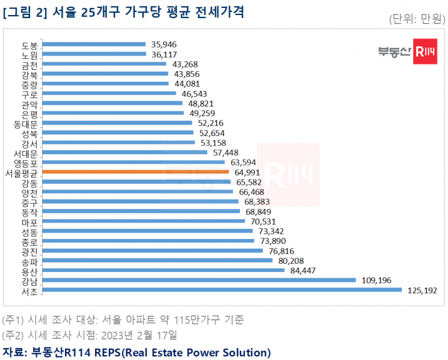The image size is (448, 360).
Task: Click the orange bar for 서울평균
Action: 135,172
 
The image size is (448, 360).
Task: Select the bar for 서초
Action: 222,290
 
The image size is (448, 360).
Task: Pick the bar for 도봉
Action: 94,44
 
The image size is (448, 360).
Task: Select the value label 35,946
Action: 165,44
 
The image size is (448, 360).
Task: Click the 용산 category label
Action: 29,270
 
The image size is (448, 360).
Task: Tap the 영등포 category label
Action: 25,163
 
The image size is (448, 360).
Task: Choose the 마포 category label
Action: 29,222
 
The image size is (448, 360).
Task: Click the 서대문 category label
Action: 25,152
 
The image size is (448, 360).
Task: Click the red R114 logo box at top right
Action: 425,51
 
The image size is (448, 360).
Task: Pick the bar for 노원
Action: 94,54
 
